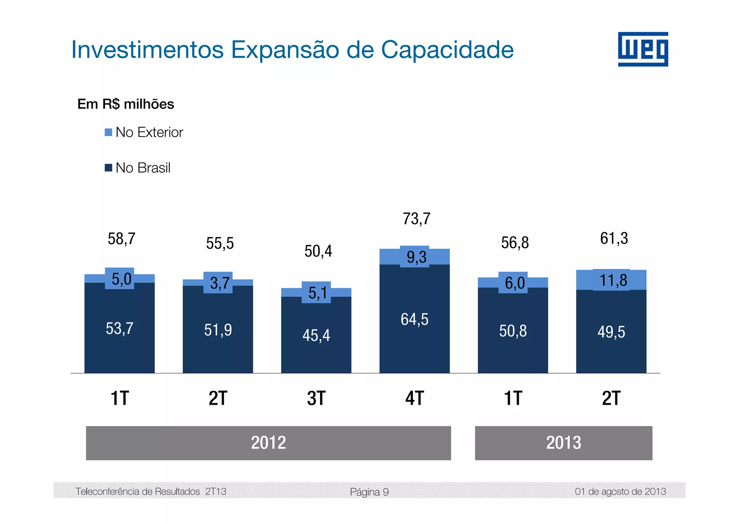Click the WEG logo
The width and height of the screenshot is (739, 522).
pos(643,49)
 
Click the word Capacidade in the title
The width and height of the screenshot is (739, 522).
pos(447,50)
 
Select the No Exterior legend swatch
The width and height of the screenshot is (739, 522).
pos(108,132)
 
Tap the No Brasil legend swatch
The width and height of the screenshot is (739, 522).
pos(108,168)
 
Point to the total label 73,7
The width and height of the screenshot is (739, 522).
pos(416,219)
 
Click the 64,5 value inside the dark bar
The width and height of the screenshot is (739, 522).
pos(414,320)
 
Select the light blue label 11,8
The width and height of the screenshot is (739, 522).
pos(613,280)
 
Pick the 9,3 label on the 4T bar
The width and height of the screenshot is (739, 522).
pos(416,257)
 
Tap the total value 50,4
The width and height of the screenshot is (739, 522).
pos(318,251)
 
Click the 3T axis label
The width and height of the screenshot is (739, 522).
pos(316,399)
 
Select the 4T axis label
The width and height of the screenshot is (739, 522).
pos(414,399)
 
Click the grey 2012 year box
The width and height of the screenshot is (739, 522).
pos(268,443)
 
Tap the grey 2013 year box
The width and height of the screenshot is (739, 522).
pos(563,443)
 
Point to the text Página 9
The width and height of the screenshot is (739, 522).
pos(369,492)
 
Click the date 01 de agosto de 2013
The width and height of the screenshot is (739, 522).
pos(620,492)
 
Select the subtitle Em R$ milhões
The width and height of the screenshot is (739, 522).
pos(126,104)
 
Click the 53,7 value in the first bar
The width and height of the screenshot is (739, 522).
pos(119,329)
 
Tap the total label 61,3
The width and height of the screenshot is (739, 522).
pos(614,239)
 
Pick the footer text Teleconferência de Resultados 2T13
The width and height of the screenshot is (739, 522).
pos(151,492)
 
